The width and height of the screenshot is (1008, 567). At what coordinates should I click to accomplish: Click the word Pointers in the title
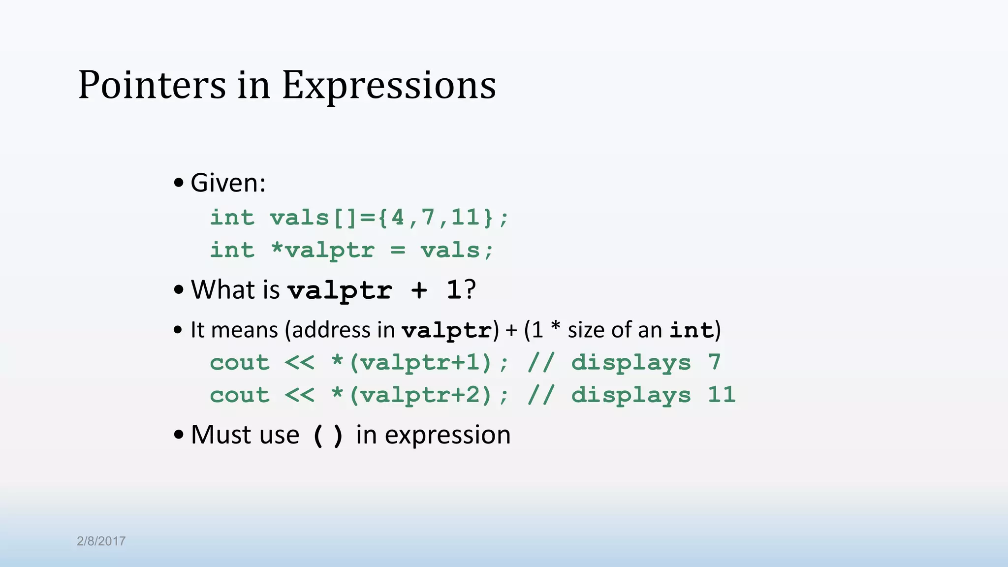152,85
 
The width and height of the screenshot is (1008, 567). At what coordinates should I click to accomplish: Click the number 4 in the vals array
398,218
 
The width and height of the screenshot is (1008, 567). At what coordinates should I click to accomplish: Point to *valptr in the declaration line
323,250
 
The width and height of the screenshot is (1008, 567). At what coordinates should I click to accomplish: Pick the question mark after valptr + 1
470,289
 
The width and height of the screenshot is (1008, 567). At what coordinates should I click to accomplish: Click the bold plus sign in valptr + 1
419,290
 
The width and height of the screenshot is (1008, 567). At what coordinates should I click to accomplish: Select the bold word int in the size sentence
692,330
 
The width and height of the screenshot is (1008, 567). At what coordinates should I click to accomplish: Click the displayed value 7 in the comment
715,363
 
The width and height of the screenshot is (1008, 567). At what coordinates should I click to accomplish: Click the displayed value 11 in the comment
722,395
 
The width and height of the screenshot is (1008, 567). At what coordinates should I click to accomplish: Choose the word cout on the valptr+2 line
240,395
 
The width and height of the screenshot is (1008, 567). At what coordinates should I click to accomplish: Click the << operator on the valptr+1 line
299,363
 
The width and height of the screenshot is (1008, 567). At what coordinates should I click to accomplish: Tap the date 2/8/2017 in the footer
101,541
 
